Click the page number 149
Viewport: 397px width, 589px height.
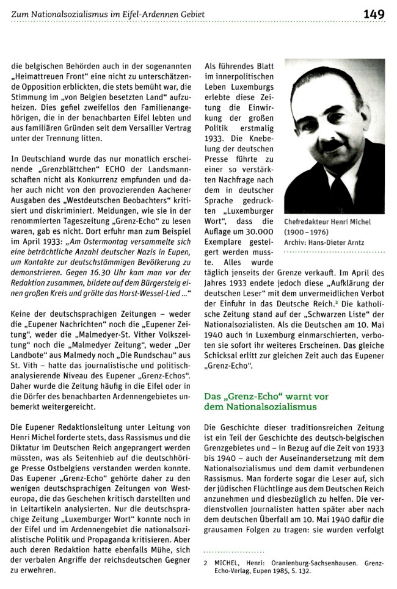coord(373,13)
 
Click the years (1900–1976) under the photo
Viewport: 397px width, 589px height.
coord(308,232)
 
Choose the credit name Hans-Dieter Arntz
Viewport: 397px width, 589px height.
coord(337,242)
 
